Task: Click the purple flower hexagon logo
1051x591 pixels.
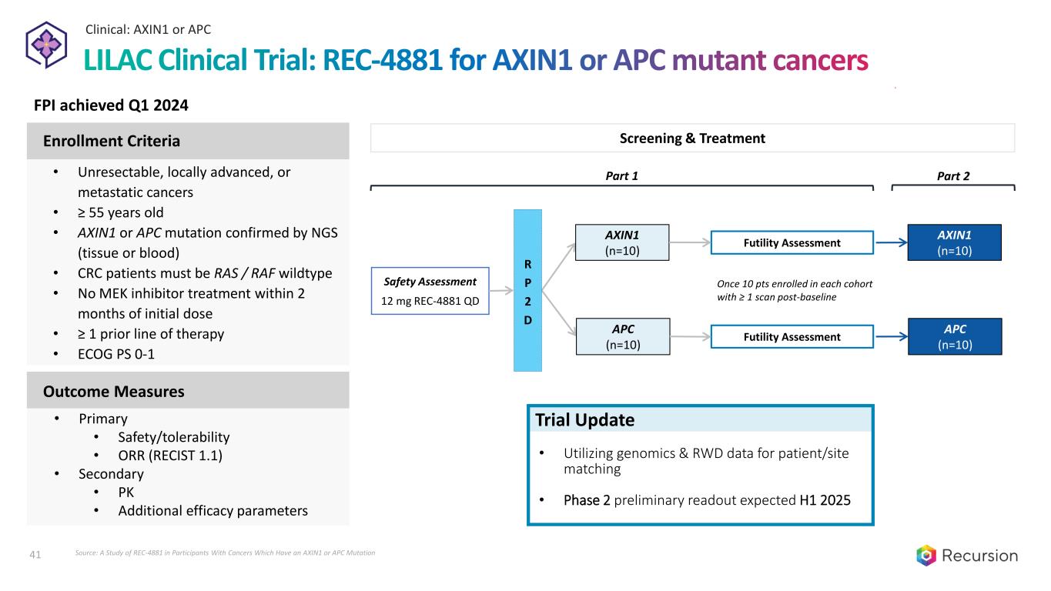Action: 47,45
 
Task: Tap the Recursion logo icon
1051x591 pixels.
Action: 926,555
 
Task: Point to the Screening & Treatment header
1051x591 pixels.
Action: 692,139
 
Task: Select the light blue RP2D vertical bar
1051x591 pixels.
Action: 527,290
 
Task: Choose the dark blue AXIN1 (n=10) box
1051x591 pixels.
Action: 955,242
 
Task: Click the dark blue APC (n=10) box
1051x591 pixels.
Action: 955,336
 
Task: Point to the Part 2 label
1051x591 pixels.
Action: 953,176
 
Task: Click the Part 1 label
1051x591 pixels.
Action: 623,176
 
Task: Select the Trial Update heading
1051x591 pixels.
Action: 585,420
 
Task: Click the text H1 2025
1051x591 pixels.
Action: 825,500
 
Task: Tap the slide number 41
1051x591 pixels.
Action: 34,553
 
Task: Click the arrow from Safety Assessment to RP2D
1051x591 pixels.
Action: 501,291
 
